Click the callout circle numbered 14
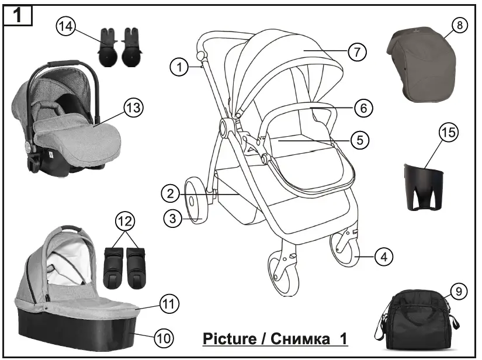(x=66, y=27)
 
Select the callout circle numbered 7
(x=357, y=51)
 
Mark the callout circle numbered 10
(x=164, y=337)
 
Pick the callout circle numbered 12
(x=126, y=221)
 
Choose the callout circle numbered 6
(x=363, y=108)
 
